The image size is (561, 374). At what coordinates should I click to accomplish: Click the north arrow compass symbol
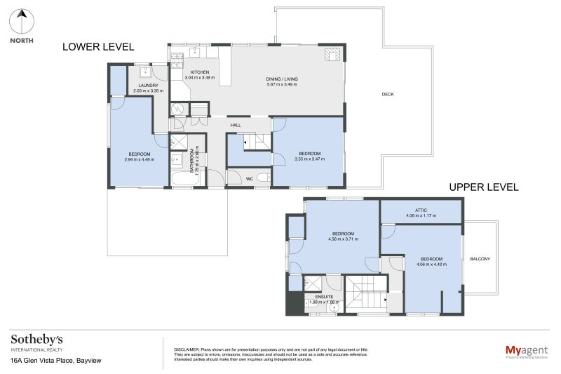point(22,22)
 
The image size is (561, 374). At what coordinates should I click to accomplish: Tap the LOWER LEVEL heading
point(98,47)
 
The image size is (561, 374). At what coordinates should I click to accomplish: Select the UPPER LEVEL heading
point(483,187)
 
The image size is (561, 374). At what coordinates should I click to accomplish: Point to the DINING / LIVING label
point(282,79)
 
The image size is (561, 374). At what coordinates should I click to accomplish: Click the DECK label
point(387,94)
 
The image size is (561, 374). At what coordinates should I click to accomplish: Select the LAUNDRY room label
point(147,86)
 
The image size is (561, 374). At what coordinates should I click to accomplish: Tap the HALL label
point(236,126)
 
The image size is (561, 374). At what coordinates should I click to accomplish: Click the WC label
point(248,179)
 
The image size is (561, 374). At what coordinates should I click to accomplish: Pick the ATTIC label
point(421,209)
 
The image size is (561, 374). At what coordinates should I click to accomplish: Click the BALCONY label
point(480,259)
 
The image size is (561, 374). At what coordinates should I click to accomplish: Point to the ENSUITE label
point(324,297)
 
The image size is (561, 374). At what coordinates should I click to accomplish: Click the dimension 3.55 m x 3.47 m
point(309,159)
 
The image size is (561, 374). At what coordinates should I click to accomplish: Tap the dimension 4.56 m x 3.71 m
point(343,239)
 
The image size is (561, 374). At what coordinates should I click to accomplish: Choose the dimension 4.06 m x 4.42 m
point(431,265)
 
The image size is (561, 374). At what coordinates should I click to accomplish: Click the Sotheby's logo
point(36,339)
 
